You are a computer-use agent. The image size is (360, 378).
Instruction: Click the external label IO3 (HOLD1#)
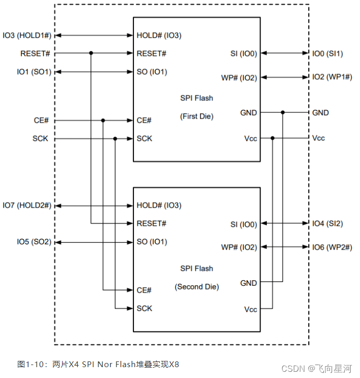pos(27,35)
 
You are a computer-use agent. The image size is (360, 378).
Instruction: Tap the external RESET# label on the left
pos(35,53)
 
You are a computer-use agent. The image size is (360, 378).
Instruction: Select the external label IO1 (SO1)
pos(34,71)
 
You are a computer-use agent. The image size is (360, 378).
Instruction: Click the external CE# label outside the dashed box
pos(41,121)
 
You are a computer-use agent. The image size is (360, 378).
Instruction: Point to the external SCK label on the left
pos(40,139)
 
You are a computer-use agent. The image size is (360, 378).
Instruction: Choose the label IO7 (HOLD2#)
pos(27,206)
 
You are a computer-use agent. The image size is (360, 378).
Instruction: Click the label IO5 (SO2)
pos(34,242)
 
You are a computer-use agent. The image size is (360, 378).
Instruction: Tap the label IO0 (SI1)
pos(327,53)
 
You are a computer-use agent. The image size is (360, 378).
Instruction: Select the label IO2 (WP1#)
pos(332,77)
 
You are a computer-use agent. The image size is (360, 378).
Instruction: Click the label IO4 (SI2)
pos(327,224)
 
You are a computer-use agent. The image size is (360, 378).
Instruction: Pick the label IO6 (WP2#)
pos(332,248)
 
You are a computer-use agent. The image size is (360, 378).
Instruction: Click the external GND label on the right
pos(320,112)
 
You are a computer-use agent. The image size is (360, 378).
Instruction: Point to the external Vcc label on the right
pos(319,138)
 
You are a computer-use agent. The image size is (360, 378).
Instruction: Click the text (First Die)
pos(197,116)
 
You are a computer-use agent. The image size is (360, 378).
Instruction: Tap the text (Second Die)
pos(197,286)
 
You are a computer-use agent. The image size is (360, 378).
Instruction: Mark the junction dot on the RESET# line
pos(91,53)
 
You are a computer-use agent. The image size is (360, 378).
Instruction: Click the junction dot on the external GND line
pos(282,112)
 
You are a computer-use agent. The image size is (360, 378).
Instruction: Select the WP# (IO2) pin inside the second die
pos(239,248)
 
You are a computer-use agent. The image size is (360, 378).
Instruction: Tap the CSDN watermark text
pos(293,368)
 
